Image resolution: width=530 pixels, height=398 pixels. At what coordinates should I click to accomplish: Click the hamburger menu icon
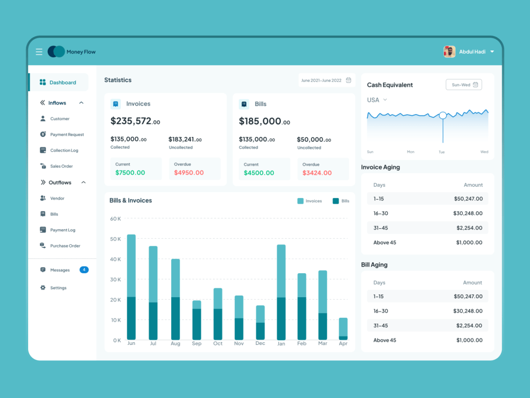[39, 52]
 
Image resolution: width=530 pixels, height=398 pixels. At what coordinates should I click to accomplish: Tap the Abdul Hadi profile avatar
[449, 51]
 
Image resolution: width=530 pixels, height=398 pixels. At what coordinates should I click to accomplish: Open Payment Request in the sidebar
[67, 135]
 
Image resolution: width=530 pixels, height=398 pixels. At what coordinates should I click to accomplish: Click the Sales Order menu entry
[61, 166]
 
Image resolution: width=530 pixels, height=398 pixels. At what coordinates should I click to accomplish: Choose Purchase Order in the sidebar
[65, 246]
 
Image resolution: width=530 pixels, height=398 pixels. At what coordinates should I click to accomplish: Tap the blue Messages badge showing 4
[84, 270]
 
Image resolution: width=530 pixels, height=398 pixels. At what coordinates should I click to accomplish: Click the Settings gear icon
[43, 288]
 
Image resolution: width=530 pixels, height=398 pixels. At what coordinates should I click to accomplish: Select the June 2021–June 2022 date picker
[326, 80]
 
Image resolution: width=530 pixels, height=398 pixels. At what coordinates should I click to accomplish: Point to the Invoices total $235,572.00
[135, 121]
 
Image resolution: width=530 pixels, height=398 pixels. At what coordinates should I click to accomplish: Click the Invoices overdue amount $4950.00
[189, 172]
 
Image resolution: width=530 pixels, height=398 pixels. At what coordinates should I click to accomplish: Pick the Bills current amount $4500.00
[259, 172]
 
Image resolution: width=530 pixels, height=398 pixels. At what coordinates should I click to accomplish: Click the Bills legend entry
[341, 201]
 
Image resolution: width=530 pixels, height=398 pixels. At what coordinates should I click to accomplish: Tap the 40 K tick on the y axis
[115, 259]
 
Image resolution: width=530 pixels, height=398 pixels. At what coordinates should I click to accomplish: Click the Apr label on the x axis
[343, 344]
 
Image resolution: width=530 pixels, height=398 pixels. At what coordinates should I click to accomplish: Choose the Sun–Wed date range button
[464, 85]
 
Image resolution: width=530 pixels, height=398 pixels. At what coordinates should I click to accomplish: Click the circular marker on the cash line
[443, 115]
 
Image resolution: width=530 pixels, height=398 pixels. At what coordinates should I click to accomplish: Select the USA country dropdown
[377, 100]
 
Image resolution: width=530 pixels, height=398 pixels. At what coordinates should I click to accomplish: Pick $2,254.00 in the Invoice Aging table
[469, 228]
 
